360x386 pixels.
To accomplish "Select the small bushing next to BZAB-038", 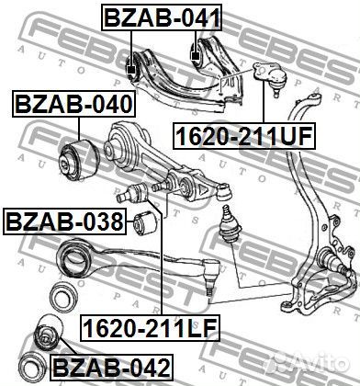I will pos(143,221).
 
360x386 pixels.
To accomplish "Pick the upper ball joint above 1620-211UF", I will pos(272,80).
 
